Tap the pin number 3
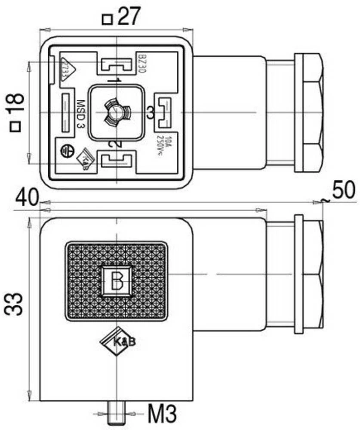150,113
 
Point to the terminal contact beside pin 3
164,113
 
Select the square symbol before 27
107,19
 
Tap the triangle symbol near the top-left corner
68,69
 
